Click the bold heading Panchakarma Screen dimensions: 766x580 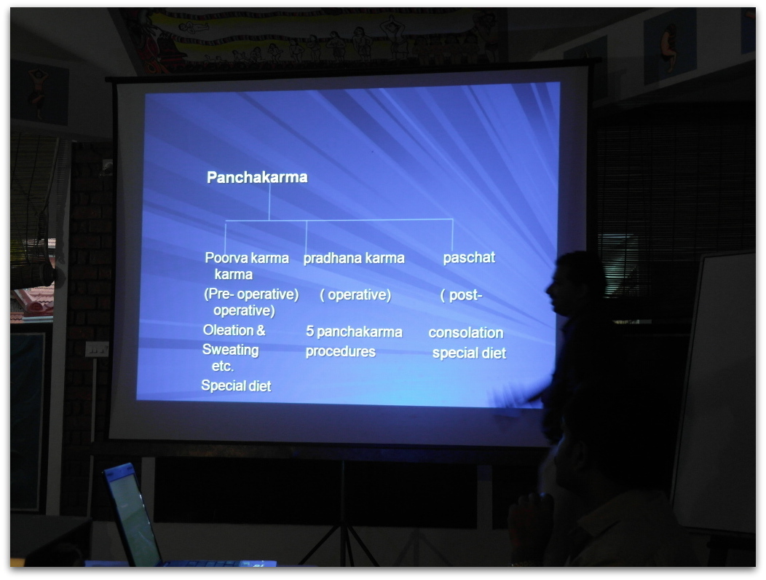pyautogui.click(x=257, y=177)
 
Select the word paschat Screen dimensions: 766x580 pyautogui.click(x=469, y=258)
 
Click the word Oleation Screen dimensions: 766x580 pyautogui.click(x=228, y=330)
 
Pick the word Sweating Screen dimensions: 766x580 pyautogui.click(x=230, y=350)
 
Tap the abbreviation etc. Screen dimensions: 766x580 pyautogui.click(x=222, y=366)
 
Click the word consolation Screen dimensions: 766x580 pyautogui.click(x=466, y=332)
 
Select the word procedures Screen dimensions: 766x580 pyautogui.click(x=341, y=352)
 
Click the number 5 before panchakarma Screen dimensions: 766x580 pyautogui.click(x=309, y=332)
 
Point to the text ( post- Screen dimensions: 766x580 pyautogui.click(x=461, y=295)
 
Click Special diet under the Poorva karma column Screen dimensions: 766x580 pyautogui.click(x=236, y=386)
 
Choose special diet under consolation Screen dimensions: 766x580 pyautogui.click(x=469, y=353)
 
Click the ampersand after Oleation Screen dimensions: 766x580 pyautogui.click(x=261, y=330)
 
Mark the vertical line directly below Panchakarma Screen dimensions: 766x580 pyautogui.click(x=269, y=202)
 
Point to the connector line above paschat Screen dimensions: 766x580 pyautogui.click(x=452, y=235)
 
